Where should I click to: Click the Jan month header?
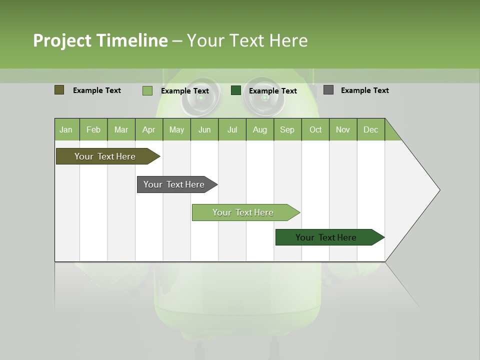tap(66, 129)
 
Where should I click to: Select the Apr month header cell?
tap(149, 129)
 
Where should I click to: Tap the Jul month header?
tap(232, 129)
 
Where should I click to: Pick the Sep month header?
tap(287, 129)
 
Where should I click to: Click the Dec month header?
tap(370, 129)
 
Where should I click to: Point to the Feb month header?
tap(93, 129)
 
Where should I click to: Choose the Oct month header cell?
tap(315, 129)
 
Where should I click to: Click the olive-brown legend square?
tap(59, 90)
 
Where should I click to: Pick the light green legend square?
tap(147, 90)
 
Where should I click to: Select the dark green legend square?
tap(236, 90)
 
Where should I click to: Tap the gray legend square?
tap(328, 90)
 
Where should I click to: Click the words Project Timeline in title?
tap(100, 40)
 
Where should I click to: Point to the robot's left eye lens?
tap(200, 97)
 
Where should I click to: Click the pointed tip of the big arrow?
tap(438, 190)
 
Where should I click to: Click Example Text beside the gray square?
tap(364, 90)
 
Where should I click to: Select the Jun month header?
tap(204, 129)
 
